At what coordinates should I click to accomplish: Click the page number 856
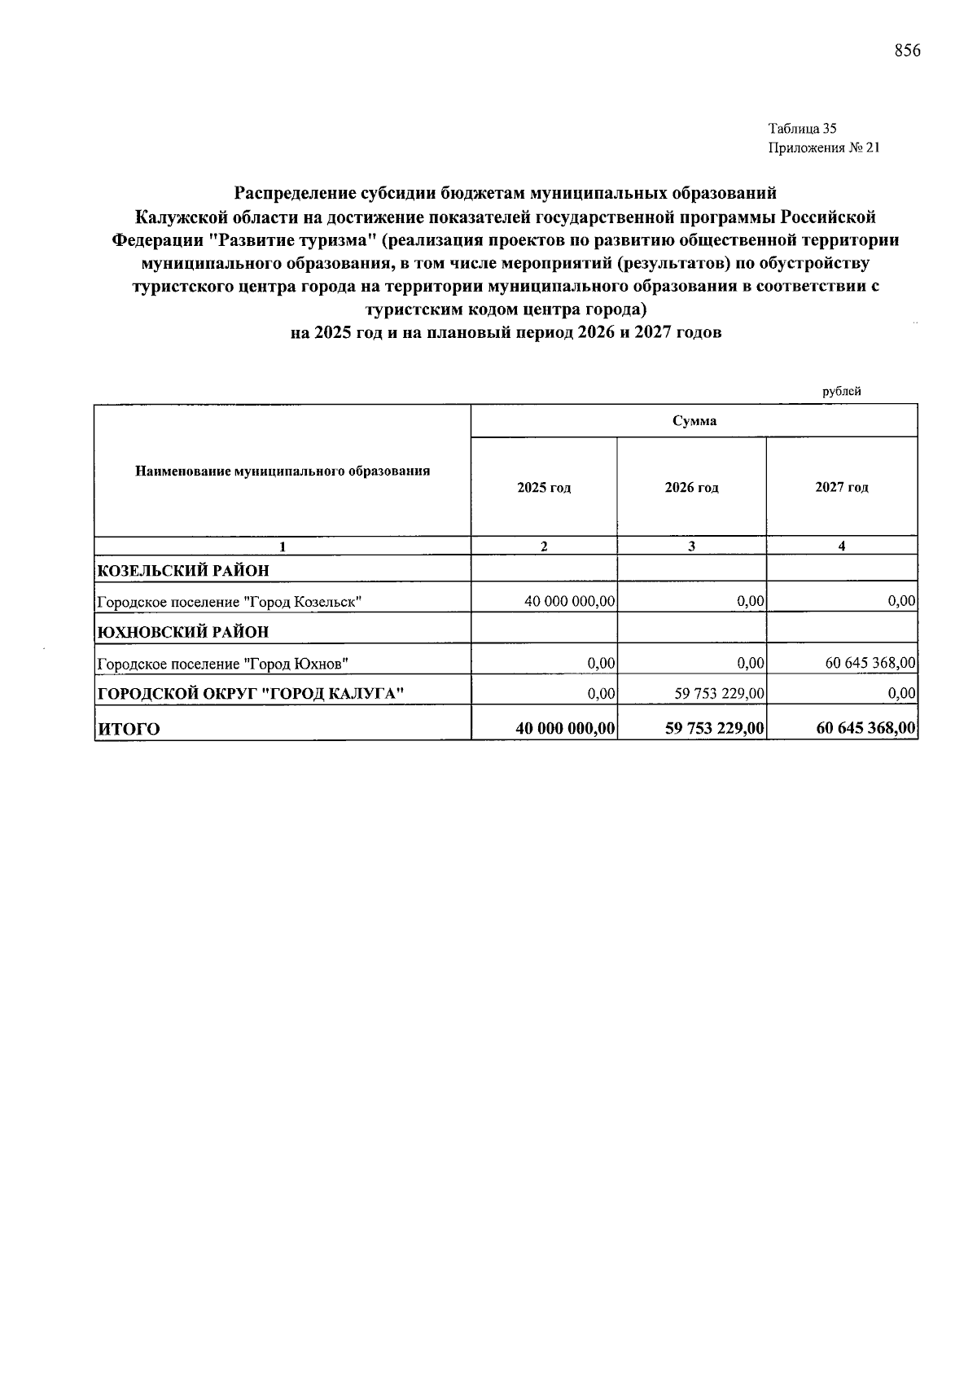pyautogui.click(x=907, y=50)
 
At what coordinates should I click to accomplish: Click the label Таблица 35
pyautogui.click(x=802, y=128)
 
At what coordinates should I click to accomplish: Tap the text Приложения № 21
pyautogui.click(x=824, y=147)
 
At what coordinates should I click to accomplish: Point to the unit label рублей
pyautogui.click(x=841, y=391)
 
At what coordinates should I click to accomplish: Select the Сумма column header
pyautogui.click(x=694, y=421)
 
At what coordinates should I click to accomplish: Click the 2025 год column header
pyautogui.click(x=544, y=488)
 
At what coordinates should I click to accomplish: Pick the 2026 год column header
pyautogui.click(x=691, y=488)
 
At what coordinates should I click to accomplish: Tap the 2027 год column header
pyautogui.click(x=841, y=488)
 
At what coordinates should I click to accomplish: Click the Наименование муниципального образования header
pyautogui.click(x=283, y=471)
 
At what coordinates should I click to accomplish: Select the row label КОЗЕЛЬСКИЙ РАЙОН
pyautogui.click(x=183, y=570)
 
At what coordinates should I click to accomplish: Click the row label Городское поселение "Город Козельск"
pyautogui.click(x=229, y=602)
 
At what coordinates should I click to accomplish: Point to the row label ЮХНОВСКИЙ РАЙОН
pyautogui.click(x=183, y=632)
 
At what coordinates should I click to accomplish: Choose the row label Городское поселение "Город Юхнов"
pyautogui.click(x=222, y=664)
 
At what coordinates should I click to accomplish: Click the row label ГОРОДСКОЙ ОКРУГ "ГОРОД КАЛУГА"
pyautogui.click(x=251, y=694)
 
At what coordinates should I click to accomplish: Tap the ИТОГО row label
pyautogui.click(x=129, y=729)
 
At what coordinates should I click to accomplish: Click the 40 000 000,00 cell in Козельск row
pyautogui.click(x=569, y=602)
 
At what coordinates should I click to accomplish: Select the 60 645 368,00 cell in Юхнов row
pyautogui.click(x=870, y=664)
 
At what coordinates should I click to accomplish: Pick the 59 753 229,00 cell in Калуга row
pyautogui.click(x=719, y=694)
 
